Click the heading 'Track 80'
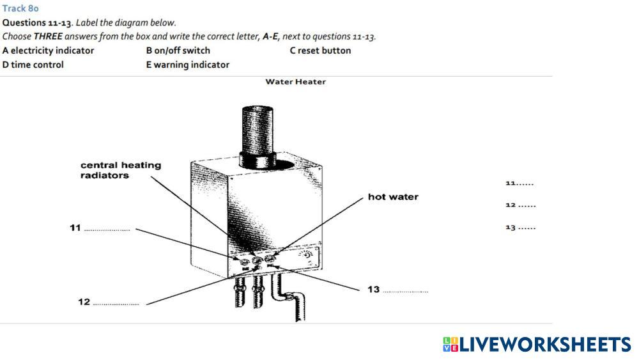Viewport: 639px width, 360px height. point(20,9)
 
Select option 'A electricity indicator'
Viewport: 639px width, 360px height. point(49,51)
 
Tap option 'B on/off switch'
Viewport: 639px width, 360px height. point(178,51)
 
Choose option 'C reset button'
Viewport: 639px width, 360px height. point(320,51)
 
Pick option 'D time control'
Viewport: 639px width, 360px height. point(33,65)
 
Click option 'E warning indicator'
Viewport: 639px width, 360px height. point(188,65)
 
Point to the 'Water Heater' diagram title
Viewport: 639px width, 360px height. point(295,82)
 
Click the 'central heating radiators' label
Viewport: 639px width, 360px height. point(121,170)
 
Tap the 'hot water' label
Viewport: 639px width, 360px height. point(393,197)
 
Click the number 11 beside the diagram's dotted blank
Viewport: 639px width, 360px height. point(75,228)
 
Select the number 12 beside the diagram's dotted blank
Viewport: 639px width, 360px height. point(84,302)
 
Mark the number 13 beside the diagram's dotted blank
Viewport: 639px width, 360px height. point(373,290)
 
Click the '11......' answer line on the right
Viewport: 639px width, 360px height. point(519,184)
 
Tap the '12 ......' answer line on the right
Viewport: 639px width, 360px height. point(520,205)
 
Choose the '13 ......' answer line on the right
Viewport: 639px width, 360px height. point(520,228)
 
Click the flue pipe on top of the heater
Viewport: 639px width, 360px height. point(259,131)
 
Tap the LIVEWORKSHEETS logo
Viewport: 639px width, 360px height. point(536,345)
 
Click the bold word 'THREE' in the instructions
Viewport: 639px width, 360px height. point(49,36)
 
